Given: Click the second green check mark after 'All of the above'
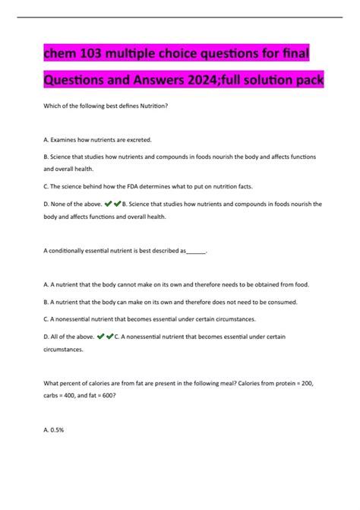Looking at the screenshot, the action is tap(110, 336).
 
